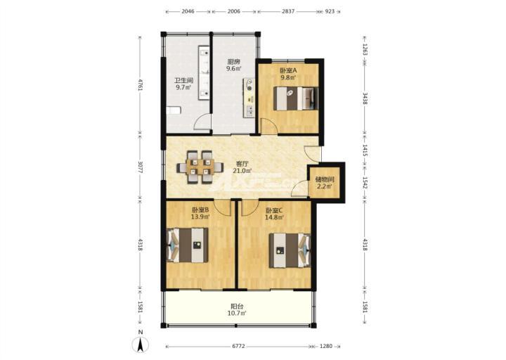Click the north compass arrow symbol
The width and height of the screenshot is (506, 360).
point(141,345)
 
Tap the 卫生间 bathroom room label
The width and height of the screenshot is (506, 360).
point(184,80)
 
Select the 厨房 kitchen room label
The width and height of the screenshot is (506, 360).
point(234,62)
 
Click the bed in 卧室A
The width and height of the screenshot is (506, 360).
point(296,98)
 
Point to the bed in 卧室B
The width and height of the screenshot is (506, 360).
point(187,245)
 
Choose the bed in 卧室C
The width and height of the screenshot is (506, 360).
point(290,250)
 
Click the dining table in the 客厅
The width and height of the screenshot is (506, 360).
point(200,167)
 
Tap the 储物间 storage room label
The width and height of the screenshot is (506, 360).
point(325,179)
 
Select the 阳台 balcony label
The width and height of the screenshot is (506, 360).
point(238,306)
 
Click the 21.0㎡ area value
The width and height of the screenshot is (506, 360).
point(242,170)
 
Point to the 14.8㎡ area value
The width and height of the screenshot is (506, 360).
point(274,217)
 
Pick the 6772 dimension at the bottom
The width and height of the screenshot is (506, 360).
point(238,346)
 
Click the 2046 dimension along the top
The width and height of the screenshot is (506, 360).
point(188,11)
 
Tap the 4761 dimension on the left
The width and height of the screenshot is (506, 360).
point(140,84)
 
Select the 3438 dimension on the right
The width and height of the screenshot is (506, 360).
point(365,99)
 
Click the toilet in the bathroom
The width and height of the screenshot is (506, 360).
point(174,110)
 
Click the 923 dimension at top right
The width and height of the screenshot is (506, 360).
point(330,11)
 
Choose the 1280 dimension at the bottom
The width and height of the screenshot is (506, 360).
point(326,346)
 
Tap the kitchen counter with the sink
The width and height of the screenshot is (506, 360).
point(249,98)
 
